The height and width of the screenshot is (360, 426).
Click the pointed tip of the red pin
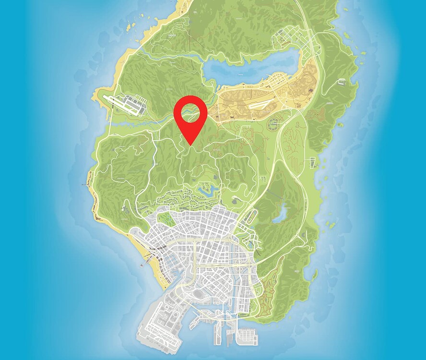pos(190,145)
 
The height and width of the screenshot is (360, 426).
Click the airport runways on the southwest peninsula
pos(158,326)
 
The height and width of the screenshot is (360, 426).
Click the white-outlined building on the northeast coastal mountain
pos(343,82)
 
